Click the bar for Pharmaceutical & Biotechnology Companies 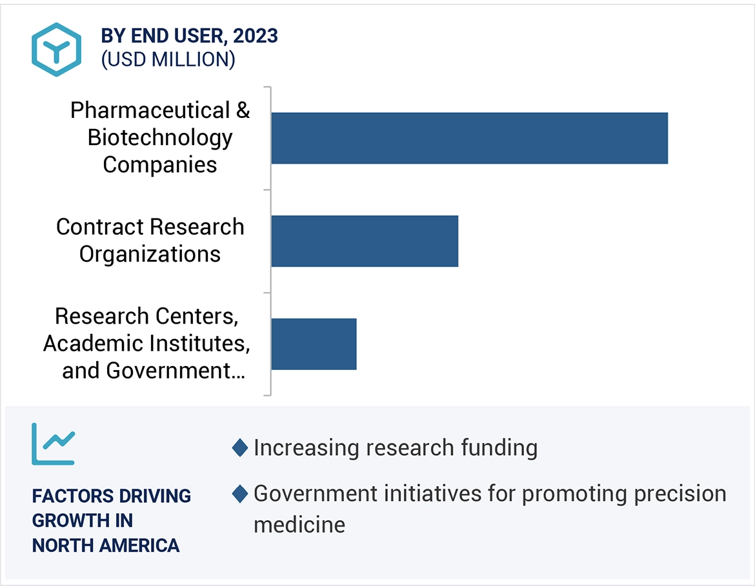(469, 138)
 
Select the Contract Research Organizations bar (365, 240)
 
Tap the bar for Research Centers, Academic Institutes (314, 344)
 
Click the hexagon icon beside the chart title (57, 50)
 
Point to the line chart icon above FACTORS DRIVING (54, 444)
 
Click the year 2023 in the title (256, 36)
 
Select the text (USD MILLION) (168, 59)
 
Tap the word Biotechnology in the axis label (160, 137)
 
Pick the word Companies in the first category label (160, 164)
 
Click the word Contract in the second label (100, 227)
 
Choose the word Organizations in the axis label (150, 254)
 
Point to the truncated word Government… (176, 371)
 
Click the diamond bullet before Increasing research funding (240, 447)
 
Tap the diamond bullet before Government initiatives (240, 494)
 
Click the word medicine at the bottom (299, 524)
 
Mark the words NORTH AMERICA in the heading (106, 545)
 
